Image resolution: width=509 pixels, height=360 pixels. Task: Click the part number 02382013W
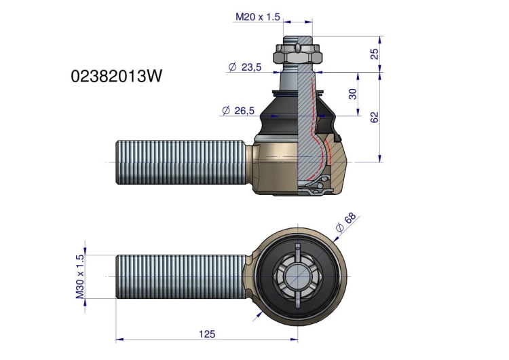(116, 77)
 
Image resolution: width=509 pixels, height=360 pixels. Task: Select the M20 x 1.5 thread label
(257, 17)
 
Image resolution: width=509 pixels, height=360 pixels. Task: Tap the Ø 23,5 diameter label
(245, 67)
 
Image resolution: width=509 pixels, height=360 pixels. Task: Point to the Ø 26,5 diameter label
(238, 111)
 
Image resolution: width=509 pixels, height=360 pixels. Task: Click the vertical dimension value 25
(375, 54)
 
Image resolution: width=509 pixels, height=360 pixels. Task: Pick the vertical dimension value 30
(352, 94)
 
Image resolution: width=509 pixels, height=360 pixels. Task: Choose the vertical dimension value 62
(375, 117)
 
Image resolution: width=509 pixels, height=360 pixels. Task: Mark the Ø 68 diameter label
(346, 222)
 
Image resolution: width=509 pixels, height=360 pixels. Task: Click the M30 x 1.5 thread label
(80, 276)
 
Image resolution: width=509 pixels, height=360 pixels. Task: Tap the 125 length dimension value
(207, 334)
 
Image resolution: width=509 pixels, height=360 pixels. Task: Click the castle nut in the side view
(299, 54)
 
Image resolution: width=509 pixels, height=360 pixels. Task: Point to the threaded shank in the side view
(180, 162)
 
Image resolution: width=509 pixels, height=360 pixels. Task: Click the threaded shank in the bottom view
(181, 276)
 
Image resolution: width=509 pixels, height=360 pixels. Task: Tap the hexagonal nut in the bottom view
(298, 276)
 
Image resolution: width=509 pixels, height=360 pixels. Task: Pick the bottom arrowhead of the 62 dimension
(380, 158)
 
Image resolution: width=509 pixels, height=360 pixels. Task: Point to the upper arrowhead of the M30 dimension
(86, 251)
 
